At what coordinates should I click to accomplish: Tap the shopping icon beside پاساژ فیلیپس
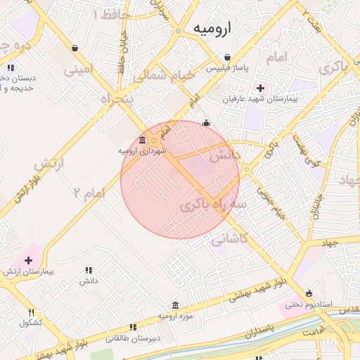[227, 58]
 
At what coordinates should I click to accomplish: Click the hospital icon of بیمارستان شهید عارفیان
[261, 88]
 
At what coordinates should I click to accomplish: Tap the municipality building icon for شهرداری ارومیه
[143, 139]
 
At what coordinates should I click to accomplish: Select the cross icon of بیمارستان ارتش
[28, 260]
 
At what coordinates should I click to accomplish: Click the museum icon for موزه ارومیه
[174, 306]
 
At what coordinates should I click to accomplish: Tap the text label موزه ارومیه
[174, 317]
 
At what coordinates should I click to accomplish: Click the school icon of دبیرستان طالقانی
[133, 327]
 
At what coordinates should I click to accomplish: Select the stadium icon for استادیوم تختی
[309, 294]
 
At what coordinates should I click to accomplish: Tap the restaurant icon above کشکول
[31, 312]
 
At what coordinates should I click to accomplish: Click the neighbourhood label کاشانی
[230, 239]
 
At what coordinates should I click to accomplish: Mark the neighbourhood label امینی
[79, 70]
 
